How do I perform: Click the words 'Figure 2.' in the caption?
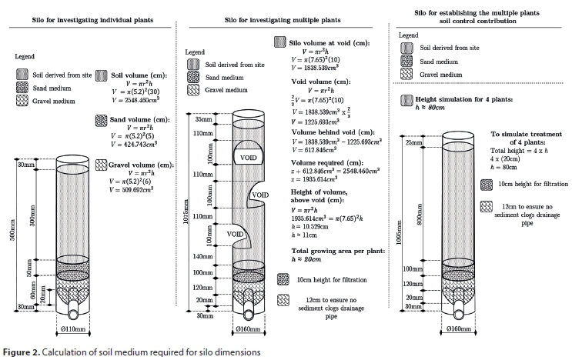(22, 352)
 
